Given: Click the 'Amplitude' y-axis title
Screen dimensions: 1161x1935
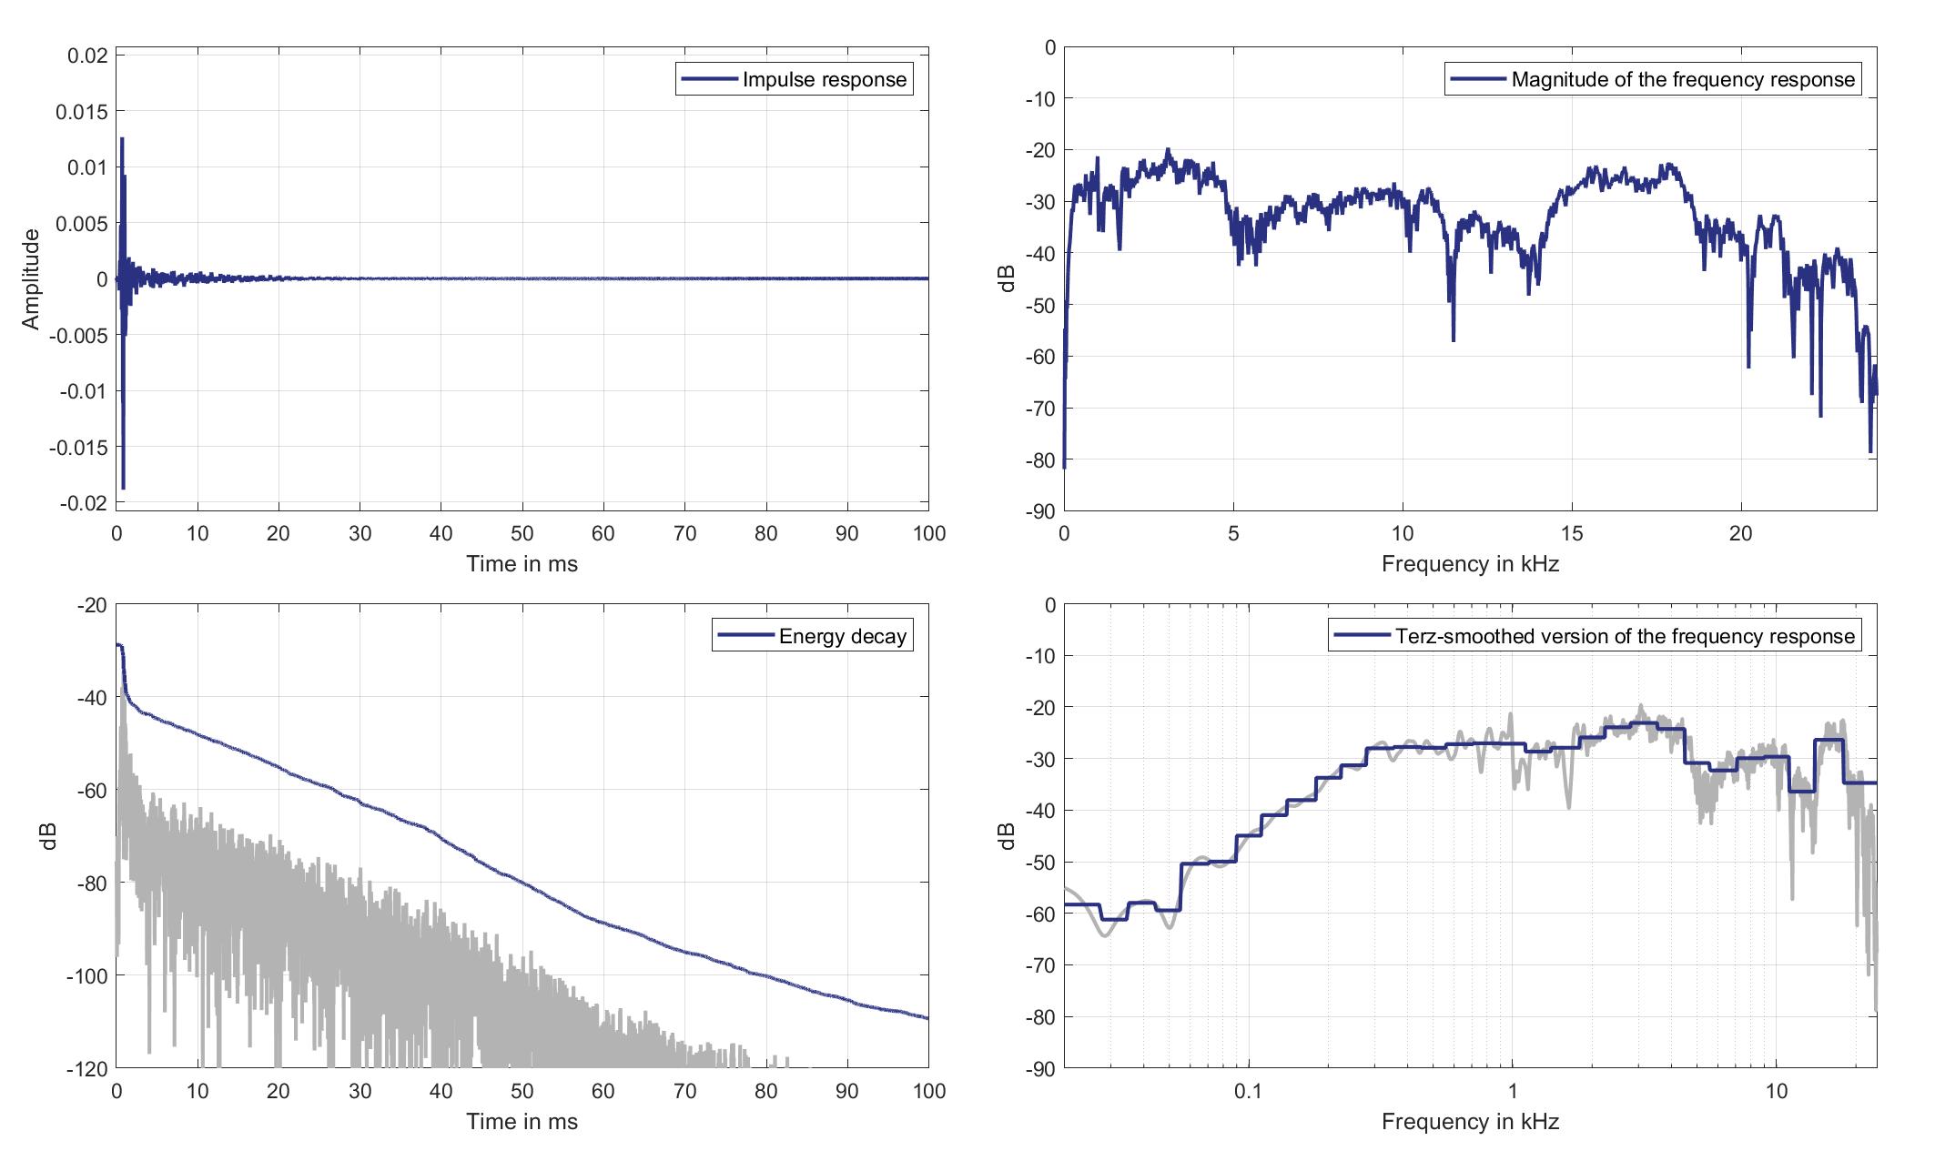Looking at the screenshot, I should click(x=32, y=279).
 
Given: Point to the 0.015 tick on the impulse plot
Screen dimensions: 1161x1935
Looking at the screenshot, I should click(x=81, y=112).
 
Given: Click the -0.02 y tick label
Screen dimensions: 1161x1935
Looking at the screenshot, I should click(x=81, y=503).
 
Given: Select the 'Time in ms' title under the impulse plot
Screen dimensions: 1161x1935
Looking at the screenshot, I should click(x=522, y=564).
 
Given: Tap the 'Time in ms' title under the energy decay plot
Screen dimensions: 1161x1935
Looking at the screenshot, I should click(x=522, y=1122).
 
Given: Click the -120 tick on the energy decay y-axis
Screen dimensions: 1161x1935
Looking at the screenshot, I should click(x=87, y=1068).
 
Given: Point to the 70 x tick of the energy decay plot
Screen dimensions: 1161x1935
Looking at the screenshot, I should click(x=684, y=1091).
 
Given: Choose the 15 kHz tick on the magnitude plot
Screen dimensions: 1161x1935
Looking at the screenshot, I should click(x=1572, y=533).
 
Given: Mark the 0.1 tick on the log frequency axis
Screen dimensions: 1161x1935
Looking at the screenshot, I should click(x=1248, y=1091).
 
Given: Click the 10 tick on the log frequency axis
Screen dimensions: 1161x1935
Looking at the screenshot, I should click(x=1777, y=1091).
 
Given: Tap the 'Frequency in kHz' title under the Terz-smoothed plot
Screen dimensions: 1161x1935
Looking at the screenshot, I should click(x=1470, y=1122).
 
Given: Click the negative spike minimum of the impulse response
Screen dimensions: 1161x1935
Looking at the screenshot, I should click(x=123, y=489).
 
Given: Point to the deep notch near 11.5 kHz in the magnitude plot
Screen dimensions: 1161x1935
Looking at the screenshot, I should click(x=1454, y=340).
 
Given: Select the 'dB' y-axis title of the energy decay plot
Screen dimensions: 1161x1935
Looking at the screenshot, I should click(x=50, y=836).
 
